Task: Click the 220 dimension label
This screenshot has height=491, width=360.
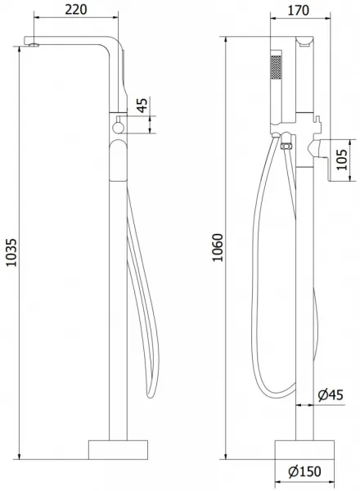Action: (x=76, y=9)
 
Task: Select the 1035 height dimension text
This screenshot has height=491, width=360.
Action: (x=11, y=253)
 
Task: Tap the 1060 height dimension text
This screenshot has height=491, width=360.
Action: (x=218, y=247)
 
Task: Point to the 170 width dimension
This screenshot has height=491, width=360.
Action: (x=298, y=11)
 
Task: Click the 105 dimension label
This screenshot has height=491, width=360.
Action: (x=342, y=160)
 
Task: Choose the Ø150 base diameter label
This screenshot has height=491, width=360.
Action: (x=305, y=471)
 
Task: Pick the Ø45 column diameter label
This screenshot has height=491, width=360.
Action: (x=331, y=395)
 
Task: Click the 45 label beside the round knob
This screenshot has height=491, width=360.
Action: (x=142, y=106)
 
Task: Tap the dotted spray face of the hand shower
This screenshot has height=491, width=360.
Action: (x=276, y=67)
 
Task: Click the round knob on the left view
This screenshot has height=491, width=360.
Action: (x=119, y=128)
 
